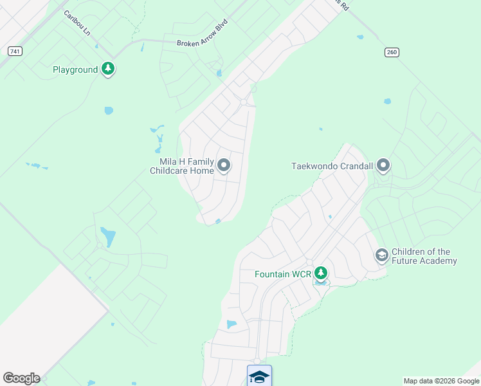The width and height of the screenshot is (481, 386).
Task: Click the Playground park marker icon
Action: (x=108, y=69)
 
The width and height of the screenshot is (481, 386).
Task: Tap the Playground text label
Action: (x=75, y=69)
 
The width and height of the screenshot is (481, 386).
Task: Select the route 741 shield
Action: (x=15, y=51)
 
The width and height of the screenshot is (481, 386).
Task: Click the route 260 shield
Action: (x=392, y=52)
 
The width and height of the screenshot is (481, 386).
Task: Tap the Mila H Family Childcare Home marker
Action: (x=224, y=165)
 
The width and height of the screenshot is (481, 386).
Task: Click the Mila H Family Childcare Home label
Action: (x=182, y=166)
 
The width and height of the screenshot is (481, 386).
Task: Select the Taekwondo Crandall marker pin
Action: (x=383, y=166)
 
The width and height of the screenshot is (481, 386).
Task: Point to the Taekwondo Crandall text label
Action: (x=332, y=166)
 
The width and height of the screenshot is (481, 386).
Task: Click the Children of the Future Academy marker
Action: (x=381, y=255)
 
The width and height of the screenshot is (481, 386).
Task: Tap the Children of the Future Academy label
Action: (x=424, y=256)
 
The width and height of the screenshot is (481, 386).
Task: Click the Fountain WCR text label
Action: (x=283, y=274)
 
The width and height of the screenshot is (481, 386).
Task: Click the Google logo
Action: (x=21, y=378)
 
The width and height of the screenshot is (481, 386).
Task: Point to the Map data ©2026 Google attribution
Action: (x=440, y=381)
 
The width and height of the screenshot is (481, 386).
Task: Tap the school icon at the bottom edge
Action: (x=259, y=376)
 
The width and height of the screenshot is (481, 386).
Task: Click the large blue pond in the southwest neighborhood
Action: (x=108, y=237)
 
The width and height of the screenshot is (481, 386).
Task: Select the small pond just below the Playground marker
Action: (x=109, y=111)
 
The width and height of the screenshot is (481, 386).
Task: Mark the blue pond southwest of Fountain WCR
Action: (x=231, y=324)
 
